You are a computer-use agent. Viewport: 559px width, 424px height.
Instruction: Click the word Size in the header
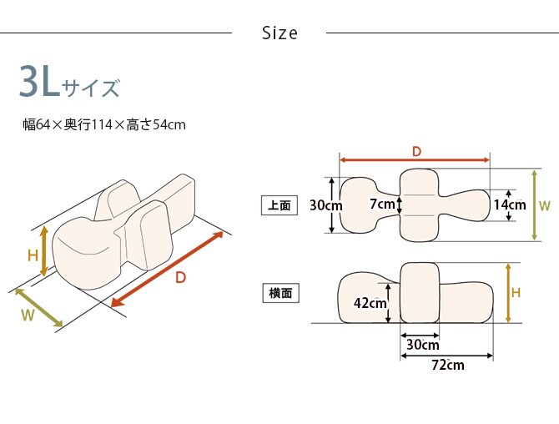click(279, 33)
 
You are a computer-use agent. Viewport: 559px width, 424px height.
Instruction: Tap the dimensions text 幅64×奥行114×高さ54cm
click(103, 125)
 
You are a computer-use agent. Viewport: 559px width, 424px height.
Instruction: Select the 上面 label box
click(279, 204)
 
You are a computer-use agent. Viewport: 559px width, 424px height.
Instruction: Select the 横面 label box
click(279, 294)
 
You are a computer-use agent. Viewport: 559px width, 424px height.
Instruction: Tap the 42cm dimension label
click(370, 304)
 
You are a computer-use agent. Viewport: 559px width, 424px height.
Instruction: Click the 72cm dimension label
click(447, 365)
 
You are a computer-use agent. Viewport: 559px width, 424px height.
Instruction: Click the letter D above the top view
click(415, 150)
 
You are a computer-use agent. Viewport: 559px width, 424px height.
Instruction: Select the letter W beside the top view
click(544, 204)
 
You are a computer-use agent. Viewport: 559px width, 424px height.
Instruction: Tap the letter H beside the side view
click(516, 293)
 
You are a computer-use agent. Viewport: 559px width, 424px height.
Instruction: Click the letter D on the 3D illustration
click(180, 278)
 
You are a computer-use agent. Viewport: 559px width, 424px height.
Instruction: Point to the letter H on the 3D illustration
click(33, 255)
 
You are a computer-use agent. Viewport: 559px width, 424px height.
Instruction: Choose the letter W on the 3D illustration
click(27, 315)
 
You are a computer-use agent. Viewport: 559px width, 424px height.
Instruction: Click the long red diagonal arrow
click(167, 269)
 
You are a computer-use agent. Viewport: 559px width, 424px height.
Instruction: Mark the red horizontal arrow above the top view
click(415, 159)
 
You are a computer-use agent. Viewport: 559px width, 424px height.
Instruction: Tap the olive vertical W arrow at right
click(534, 204)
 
